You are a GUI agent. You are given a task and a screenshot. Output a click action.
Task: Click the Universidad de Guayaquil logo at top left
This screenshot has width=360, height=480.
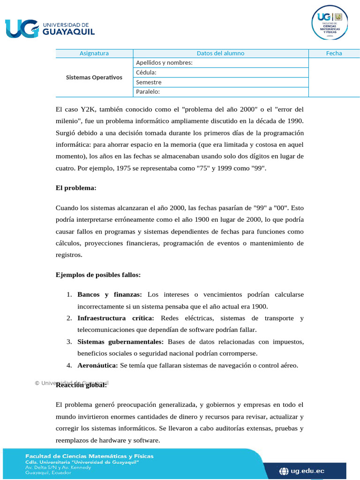tap(50, 28)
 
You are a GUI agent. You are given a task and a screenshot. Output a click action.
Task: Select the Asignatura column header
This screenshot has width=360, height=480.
tap(94, 53)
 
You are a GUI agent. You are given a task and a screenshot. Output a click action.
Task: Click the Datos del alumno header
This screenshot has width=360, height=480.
tap(220, 53)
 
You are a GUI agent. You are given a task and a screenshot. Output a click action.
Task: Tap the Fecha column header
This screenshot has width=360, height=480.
tap(334, 53)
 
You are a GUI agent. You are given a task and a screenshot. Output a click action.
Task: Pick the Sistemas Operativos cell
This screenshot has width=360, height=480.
tap(94, 77)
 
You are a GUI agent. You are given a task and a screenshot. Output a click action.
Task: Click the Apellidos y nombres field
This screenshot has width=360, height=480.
tap(220, 63)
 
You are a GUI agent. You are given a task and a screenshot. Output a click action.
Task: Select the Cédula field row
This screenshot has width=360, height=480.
tap(220, 73)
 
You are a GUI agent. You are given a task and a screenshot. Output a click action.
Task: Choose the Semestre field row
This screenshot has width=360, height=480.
tap(220, 82)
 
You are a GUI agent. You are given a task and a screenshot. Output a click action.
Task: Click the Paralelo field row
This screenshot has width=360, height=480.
tap(220, 92)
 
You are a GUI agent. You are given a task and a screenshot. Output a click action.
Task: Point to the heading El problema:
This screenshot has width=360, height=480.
tap(76, 188)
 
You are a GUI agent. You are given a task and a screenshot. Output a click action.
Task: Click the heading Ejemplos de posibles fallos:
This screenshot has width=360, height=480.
tap(98, 275)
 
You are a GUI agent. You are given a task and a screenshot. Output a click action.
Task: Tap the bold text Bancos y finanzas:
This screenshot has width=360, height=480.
tap(110, 295)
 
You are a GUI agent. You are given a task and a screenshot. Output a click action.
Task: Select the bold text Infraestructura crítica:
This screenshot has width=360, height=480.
tap(116, 318)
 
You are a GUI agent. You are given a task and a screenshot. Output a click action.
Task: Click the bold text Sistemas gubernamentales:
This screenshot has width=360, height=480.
tap(120, 342)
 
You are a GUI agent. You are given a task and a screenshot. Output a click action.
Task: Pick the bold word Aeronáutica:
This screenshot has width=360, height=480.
tap(97, 365)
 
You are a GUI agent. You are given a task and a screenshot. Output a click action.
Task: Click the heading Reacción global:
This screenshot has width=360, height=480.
tap(81, 385)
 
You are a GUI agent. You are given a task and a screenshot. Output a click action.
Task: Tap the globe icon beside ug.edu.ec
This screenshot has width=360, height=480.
tap(284, 471)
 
